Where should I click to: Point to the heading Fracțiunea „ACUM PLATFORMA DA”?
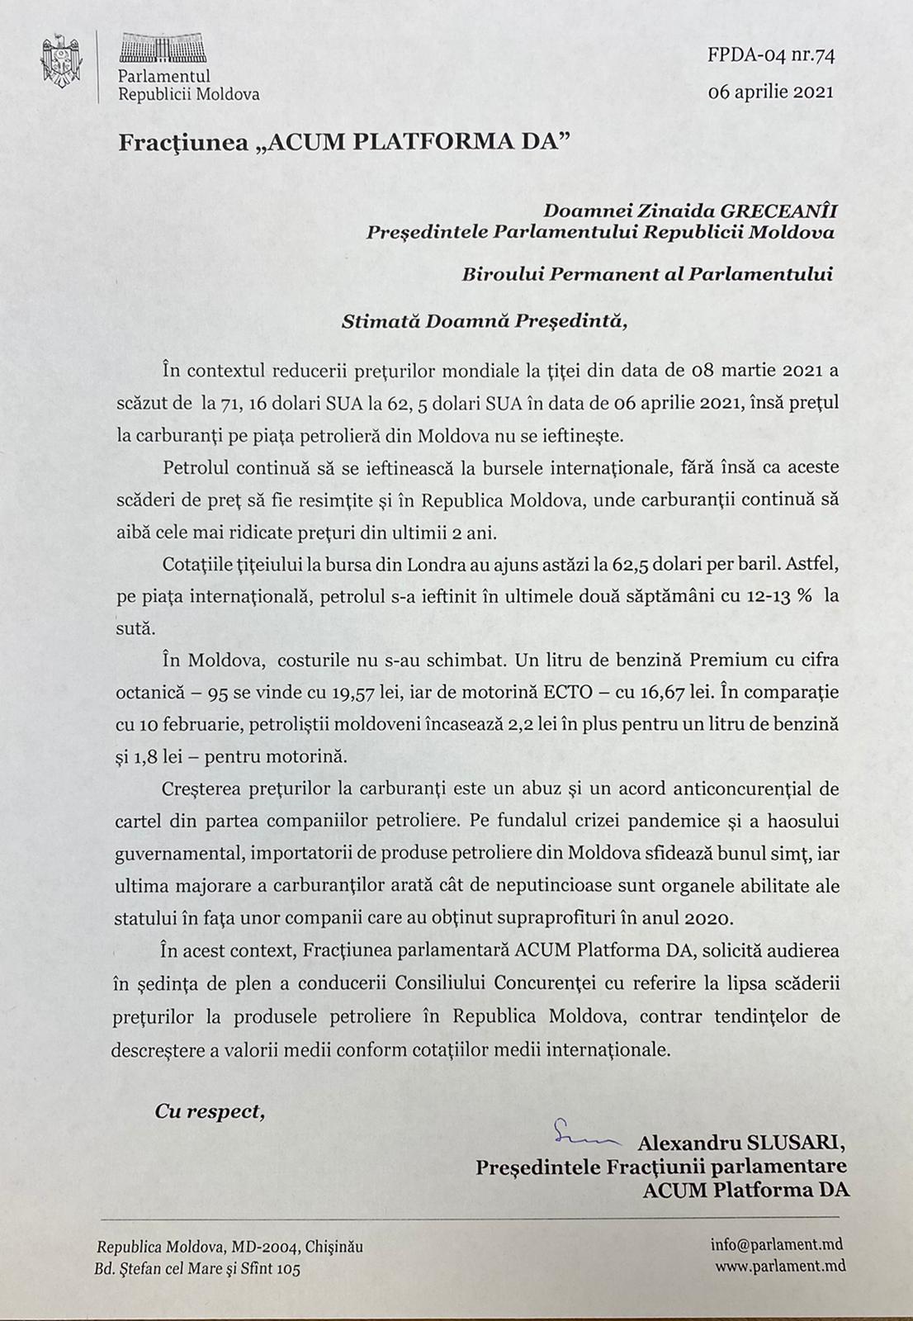344,143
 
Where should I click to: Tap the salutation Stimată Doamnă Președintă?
484,320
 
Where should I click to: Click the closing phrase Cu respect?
210,1112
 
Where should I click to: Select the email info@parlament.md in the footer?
777,1245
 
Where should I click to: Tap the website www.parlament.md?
779,1265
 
